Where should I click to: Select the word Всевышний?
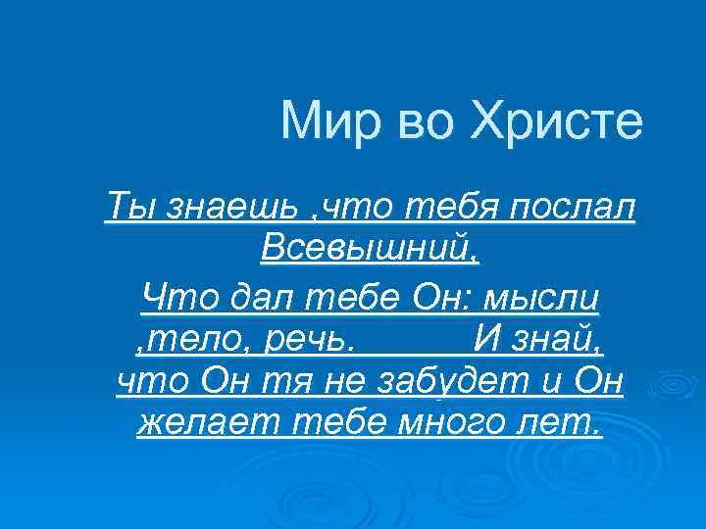pyautogui.click(x=369, y=251)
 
